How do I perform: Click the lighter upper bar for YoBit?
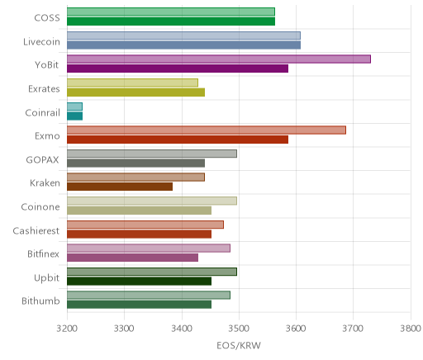tap(219, 59)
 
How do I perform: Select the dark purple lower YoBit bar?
tap(178, 69)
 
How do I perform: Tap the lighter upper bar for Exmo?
tap(207, 130)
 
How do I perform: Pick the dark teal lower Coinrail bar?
tap(74, 116)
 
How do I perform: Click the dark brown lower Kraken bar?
tap(120, 187)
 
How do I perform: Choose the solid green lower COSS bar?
tap(171, 21)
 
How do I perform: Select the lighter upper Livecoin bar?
tap(183, 36)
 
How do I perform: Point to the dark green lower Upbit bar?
tap(139, 281)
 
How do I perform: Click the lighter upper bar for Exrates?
tap(132, 83)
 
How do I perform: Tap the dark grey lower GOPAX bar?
tap(135, 163)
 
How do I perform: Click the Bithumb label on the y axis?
tap(40, 301)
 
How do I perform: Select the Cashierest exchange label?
tap(36, 230)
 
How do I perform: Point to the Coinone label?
tap(40, 206)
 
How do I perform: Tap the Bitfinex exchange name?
tap(43, 253)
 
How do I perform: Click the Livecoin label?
tap(41, 41)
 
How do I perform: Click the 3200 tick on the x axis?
tap(67, 329)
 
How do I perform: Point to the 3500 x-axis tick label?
tap(239, 329)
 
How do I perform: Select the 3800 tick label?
tap(411, 329)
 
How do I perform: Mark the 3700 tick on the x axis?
tap(354, 329)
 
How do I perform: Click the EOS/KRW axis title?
tap(239, 345)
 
